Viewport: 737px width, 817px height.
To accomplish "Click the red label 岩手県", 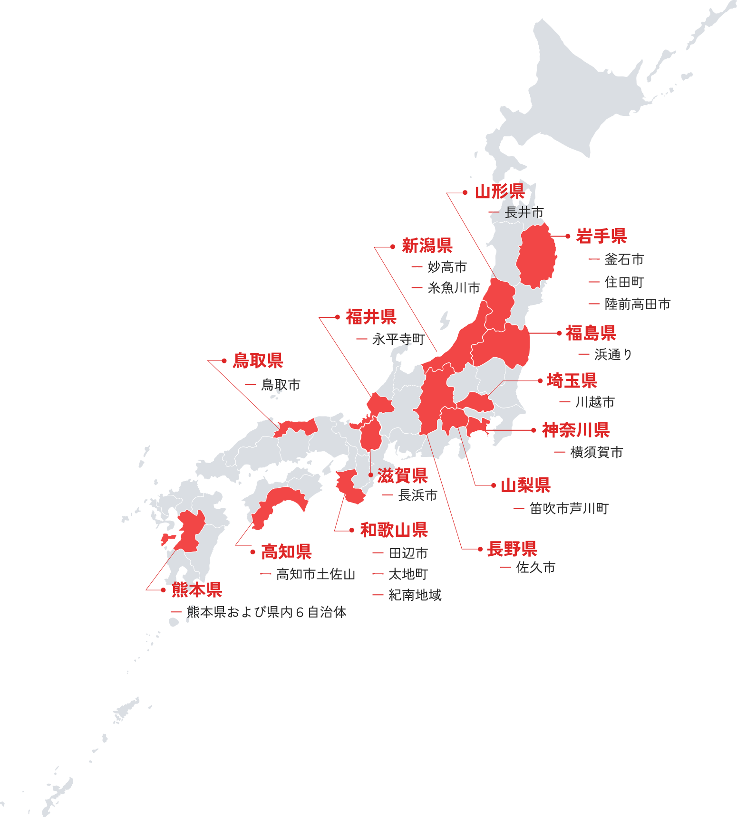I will pyautogui.click(x=601, y=236).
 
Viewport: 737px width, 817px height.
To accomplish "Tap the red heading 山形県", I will pyautogui.click(x=500, y=191).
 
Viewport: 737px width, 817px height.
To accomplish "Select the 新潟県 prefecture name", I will pyautogui.click(x=427, y=246).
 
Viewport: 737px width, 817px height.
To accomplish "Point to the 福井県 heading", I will pyautogui.click(x=371, y=317).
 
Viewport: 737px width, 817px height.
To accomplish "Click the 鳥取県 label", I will pyautogui.click(x=258, y=361).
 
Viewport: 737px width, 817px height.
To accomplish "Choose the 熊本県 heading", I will pyautogui.click(x=197, y=589).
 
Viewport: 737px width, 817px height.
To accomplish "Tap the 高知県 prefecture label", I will pyautogui.click(x=286, y=551).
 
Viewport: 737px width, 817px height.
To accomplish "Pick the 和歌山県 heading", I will pyautogui.click(x=394, y=530).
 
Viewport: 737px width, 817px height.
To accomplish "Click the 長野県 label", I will pyautogui.click(x=512, y=549).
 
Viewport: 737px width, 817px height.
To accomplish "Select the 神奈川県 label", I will pyautogui.click(x=575, y=430).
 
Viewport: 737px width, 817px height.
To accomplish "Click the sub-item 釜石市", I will pyautogui.click(x=624, y=259).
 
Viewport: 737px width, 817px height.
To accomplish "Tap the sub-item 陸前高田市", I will pyautogui.click(x=637, y=304).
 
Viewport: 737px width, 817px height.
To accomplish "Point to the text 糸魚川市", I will pyautogui.click(x=454, y=288).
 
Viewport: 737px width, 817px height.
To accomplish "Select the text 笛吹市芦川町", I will pyautogui.click(x=569, y=509).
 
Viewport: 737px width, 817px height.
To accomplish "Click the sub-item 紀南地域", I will pyautogui.click(x=415, y=595).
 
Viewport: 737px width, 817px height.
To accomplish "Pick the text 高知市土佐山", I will pyautogui.click(x=316, y=574).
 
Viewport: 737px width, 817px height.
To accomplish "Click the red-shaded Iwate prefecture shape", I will pyautogui.click(x=536, y=256).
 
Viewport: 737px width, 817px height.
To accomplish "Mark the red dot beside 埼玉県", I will pyautogui.click(x=540, y=380).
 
